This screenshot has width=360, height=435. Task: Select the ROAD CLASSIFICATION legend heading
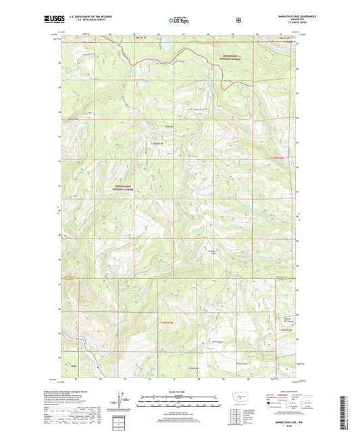(284, 391)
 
